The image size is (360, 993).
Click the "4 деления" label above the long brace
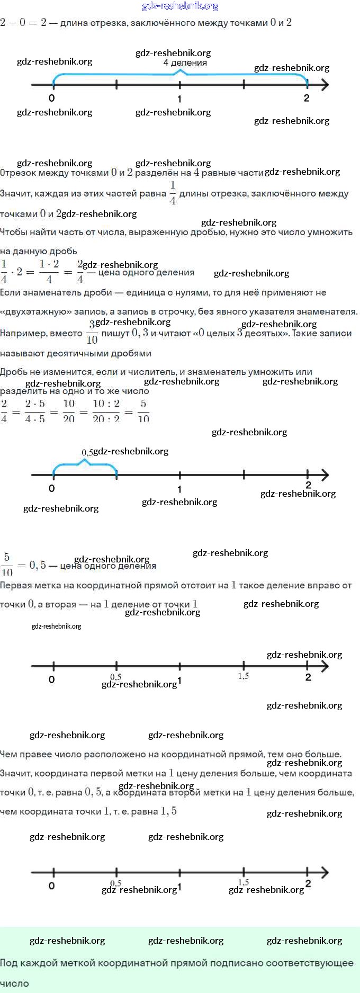pyautogui.click(x=185, y=62)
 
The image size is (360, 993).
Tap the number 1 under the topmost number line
pyautogui.click(x=179, y=99)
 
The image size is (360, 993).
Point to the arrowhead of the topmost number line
pyautogui.click(x=325, y=85)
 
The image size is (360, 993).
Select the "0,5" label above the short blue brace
pyautogui.click(x=87, y=452)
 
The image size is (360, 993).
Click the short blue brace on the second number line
pyautogui.click(x=85, y=464)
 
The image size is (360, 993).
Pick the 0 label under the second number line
pyautogui.click(x=51, y=488)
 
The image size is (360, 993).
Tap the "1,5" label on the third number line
pyautogui.click(x=244, y=676)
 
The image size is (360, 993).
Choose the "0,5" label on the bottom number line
pyautogui.click(x=115, y=883)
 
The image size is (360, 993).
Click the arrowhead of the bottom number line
pyautogui.click(x=325, y=872)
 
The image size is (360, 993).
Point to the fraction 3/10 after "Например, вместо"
pyautogui.click(x=92, y=332)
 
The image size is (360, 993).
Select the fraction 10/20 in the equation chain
pyautogui.click(x=69, y=410)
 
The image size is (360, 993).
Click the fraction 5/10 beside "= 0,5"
pyautogui.click(x=7, y=564)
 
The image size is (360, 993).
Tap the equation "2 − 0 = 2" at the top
pyautogui.click(x=23, y=22)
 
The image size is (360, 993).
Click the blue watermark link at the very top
pyautogui.click(x=180, y=6)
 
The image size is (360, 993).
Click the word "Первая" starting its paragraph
pyautogui.click(x=15, y=585)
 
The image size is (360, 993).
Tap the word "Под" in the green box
pyautogui.click(x=8, y=963)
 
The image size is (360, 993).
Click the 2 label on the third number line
pyautogui.click(x=308, y=677)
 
